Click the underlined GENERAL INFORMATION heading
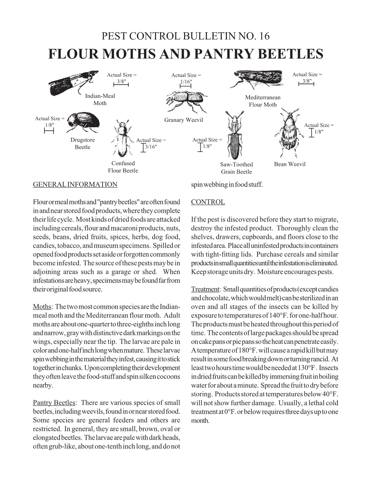click(x=75, y=184)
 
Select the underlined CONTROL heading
click(x=208, y=202)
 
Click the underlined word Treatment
click(x=205, y=289)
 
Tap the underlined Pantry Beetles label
click(x=54, y=403)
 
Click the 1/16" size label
click(x=185, y=82)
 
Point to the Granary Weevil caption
click(x=184, y=120)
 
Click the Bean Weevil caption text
click(x=290, y=164)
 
